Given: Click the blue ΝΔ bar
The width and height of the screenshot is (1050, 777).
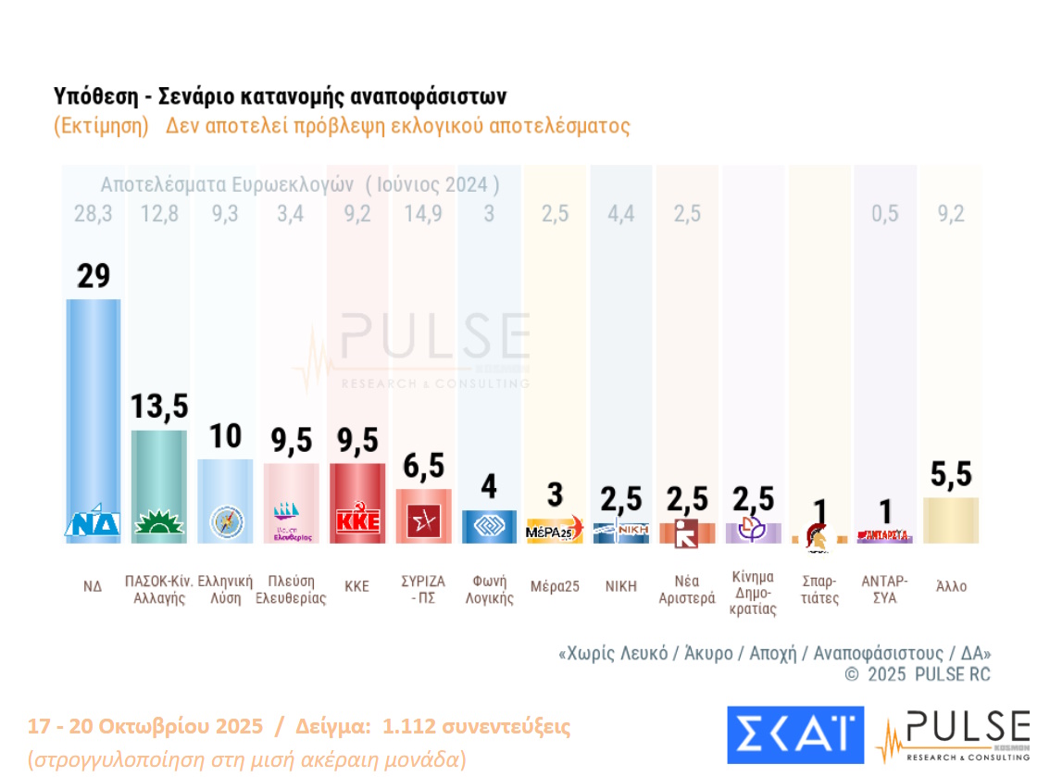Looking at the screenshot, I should (93, 407).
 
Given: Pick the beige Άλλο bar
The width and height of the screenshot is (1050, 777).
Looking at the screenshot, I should (951, 520).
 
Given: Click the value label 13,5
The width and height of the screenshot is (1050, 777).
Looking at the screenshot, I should (158, 406).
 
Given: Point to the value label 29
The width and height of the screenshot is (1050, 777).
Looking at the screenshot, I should (93, 275).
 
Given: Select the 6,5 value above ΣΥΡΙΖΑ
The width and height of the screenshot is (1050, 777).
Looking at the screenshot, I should (423, 466).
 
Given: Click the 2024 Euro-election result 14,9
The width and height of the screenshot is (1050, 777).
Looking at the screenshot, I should (422, 214).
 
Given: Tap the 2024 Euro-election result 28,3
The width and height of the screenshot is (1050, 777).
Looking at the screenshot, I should (93, 214).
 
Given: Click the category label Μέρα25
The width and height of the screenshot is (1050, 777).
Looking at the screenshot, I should (555, 586).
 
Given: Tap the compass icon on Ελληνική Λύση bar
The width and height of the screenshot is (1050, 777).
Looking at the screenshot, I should (226, 521).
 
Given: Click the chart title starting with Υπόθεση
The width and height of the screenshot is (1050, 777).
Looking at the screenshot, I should (280, 96).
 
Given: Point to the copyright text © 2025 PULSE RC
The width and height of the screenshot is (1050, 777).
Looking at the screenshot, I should (917, 674).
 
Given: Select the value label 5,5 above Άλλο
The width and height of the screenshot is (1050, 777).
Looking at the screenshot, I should (951, 474).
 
